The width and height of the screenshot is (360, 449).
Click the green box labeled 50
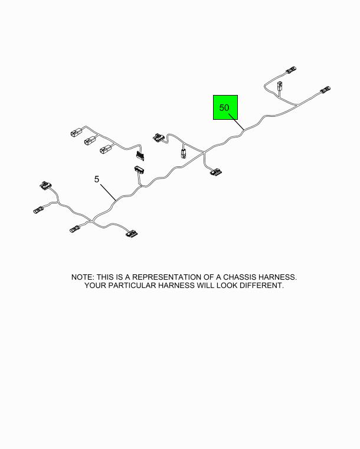tap(225, 107)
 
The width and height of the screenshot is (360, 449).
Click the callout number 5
tap(97, 179)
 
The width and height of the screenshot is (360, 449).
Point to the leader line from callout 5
tap(108, 192)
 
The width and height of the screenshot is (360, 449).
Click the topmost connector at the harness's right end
tap(291, 70)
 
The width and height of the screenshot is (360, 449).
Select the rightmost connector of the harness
tap(325, 90)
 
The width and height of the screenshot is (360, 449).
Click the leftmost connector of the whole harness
tap(38, 210)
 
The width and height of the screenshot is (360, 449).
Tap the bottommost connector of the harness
tap(132, 234)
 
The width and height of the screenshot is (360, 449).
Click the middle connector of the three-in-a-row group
tap(90, 140)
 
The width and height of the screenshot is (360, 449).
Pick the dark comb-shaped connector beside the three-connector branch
tap(140, 156)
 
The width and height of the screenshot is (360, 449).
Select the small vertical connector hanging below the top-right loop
tap(280, 86)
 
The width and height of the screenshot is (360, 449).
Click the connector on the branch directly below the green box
tap(216, 172)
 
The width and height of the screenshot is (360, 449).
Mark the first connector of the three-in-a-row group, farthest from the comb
tap(76, 133)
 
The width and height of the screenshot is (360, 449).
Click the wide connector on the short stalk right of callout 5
tap(139, 169)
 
